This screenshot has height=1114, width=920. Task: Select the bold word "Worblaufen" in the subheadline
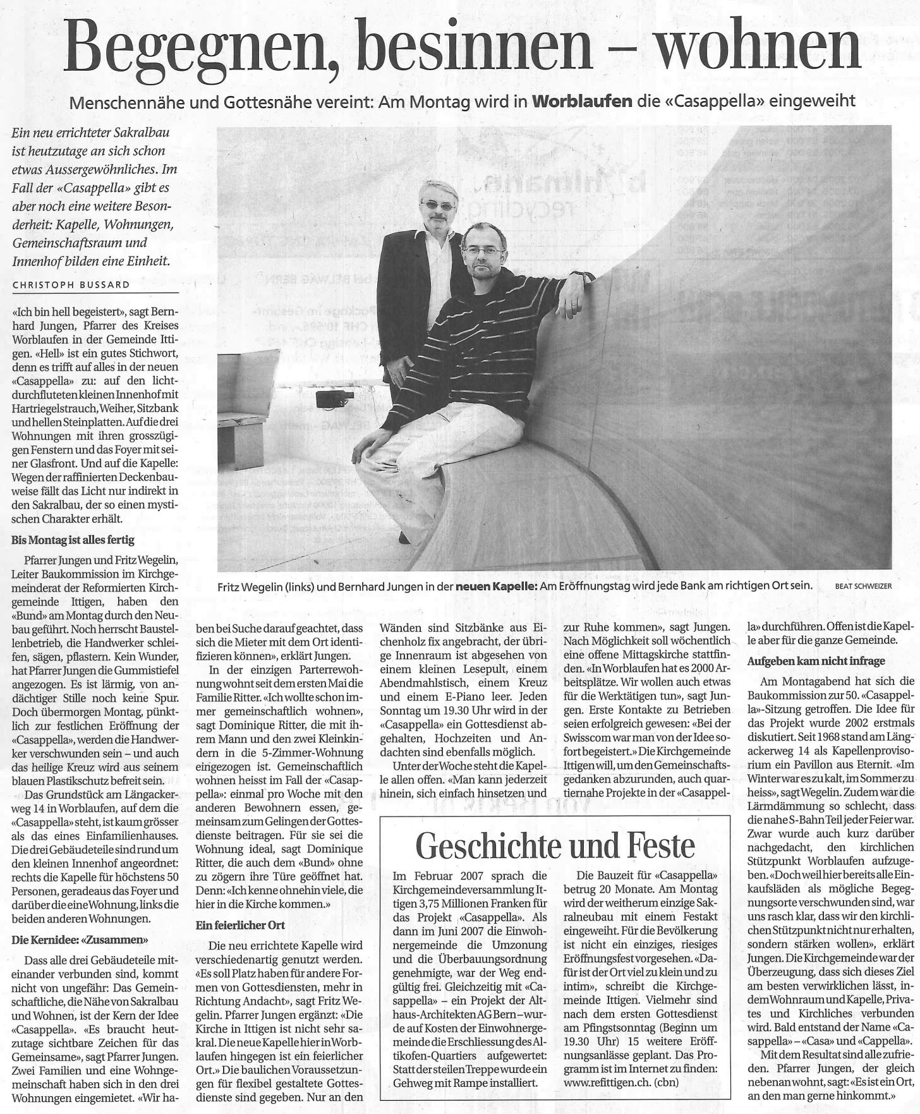click(583, 100)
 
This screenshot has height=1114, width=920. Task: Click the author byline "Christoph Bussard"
click(71, 285)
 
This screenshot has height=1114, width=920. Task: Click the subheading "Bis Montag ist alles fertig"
click(73, 541)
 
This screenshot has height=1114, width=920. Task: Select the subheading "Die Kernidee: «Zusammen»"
click(80, 940)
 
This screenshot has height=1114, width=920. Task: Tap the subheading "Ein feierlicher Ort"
click(241, 925)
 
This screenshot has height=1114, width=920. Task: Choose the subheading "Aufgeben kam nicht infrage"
click(816, 661)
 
